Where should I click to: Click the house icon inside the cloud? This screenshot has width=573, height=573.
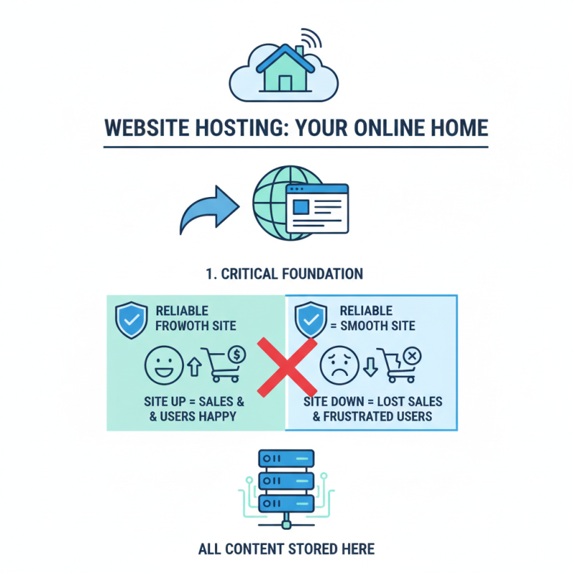click(285, 69)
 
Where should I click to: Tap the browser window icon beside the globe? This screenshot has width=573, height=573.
click(316, 208)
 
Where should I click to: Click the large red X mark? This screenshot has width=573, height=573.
click(286, 366)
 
